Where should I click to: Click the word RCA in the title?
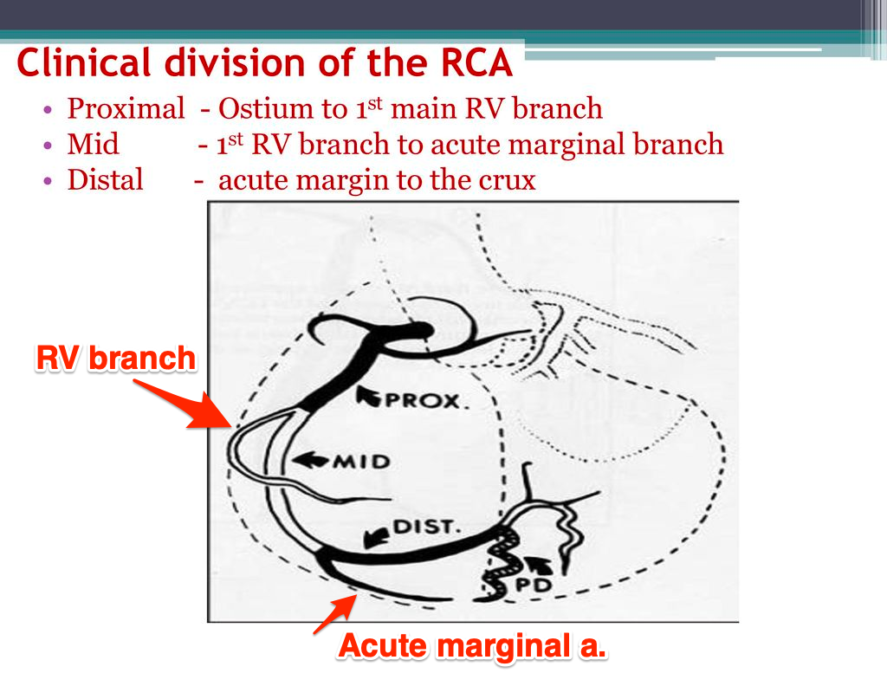coord(476,62)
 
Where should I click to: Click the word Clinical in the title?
coord(84,61)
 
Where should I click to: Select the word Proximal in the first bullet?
coord(126,108)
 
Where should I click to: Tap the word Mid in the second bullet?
coord(93,144)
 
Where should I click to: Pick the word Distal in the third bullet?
coord(105,180)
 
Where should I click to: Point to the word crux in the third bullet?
coord(506,181)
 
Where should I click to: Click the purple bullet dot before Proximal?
coord(48,109)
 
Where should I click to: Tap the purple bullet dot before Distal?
coord(48,181)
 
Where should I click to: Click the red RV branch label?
coord(117,358)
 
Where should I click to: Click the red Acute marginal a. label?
coord(472,646)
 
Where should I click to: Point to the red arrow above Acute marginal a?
coord(335,615)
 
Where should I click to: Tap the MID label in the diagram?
coord(361,462)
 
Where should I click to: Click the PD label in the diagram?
coord(534,585)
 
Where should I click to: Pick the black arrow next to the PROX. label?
coord(369,396)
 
